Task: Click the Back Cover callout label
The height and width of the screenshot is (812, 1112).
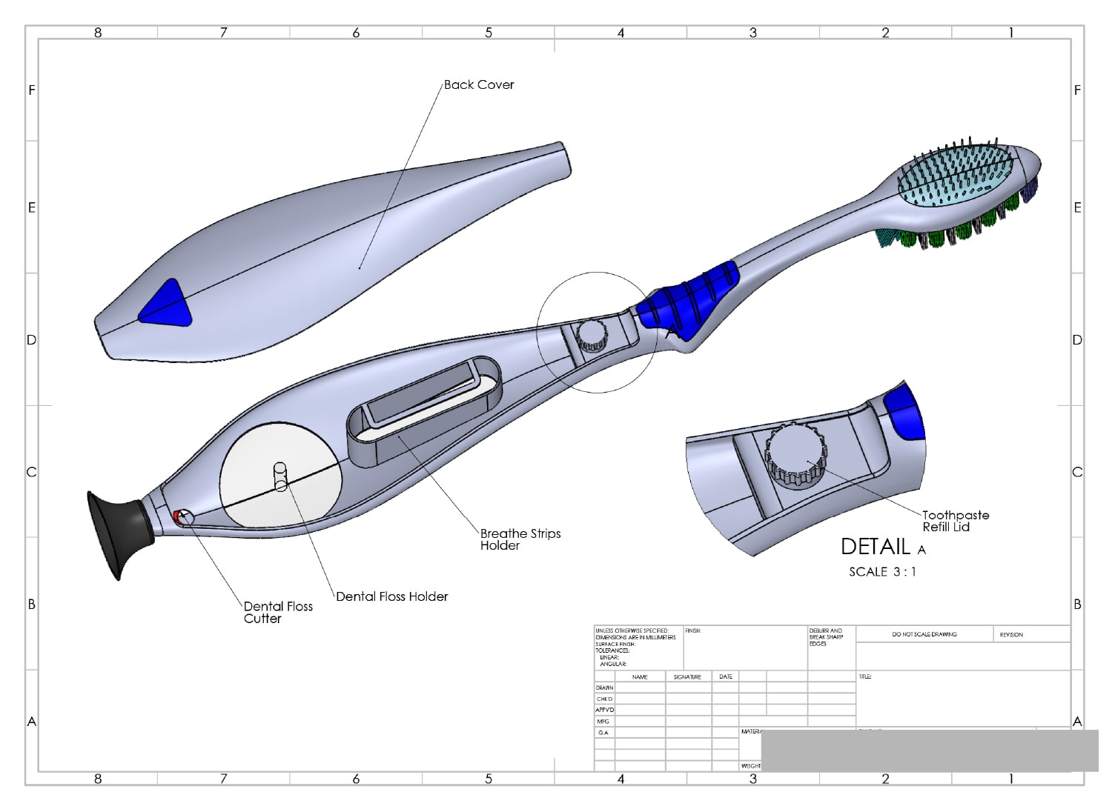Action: [x=479, y=85]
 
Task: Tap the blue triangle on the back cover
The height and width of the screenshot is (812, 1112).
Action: [x=167, y=305]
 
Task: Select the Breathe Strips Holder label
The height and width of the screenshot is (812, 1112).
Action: [x=520, y=539]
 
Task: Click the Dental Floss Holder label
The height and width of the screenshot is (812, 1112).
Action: [x=391, y=596]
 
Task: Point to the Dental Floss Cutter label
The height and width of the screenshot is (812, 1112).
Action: [x=278, y=612]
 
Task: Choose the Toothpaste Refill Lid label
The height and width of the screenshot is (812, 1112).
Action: [x=955, y=521]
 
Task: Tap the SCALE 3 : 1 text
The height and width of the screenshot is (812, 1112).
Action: [x=882, y=572]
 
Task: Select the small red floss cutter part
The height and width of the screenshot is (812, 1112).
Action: [x=177, y=516]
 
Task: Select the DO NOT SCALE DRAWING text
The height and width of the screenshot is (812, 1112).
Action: [x=924, y=635]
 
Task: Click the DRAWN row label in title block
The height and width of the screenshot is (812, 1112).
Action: [x=604, y=688]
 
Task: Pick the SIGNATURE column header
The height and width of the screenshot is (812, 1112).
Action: [x=687, y=677]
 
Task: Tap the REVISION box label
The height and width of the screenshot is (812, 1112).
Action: [x=1010, y=635]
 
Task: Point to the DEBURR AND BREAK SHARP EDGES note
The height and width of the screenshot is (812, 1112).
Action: [x=826, y=637]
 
